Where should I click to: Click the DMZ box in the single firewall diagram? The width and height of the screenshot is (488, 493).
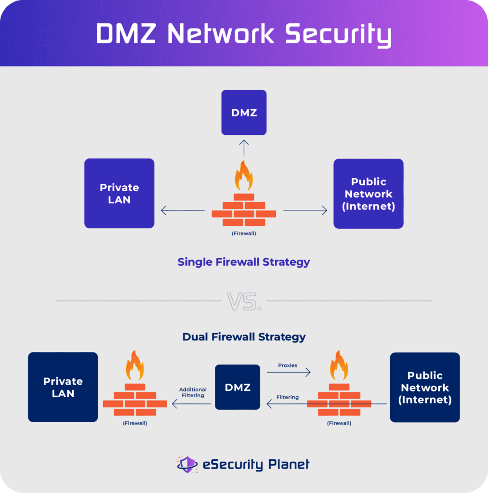pyautogui.click(x=244, y=113)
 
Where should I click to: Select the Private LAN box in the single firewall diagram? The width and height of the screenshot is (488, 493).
pyautogui.click(x=119, y=193)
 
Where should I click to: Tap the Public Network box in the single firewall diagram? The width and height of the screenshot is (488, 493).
pyautogui.click(x=369, y=194)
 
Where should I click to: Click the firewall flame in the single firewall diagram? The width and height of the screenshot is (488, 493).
pyautogui.click(x=244, y=176)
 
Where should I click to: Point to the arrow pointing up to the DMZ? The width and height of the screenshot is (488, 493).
pyautogui.click(x=244, y=147)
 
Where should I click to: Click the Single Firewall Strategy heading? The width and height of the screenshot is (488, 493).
pyautogui.click(x=244, y=262)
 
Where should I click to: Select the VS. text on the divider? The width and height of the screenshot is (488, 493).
pyautogui.click(x=244, y=301)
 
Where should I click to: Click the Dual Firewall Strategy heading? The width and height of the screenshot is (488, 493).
pyautogui.click(x=244, y=337)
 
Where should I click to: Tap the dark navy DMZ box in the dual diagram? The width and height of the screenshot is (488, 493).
pyautogui.click(x=237, y=387)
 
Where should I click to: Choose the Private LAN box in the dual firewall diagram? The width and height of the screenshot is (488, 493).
pyautogui.click(x=63, y=387)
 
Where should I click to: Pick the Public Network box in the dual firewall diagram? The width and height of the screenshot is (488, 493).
pyautogui.click(x=425, y=387)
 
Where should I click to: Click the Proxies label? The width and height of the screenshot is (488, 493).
pyautogui.click(x=288, y=365)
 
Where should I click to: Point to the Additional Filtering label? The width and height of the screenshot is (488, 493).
pyautogui.click(x=193, y=392)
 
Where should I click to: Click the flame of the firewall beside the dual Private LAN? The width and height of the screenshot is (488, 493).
pyautogui.click(x=134, y=366)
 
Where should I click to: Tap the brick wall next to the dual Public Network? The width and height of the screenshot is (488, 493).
pyautogui.click(x=339, y=400)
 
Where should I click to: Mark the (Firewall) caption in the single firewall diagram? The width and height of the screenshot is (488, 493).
pyautogui.click(x=244, y=234)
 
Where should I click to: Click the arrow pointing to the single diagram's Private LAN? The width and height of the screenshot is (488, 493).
pyautogui.click(x=183, y=210)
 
